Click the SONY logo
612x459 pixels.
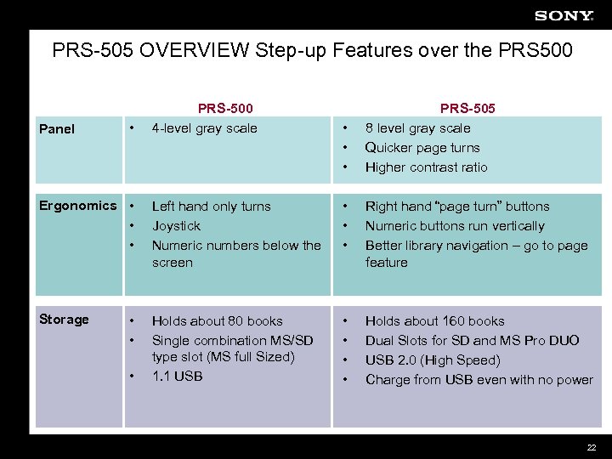pos(564,15)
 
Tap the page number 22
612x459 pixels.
pos(592,448)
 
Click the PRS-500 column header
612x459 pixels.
pos(225,108)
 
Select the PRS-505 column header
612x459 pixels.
pos(467,108)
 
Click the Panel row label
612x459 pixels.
pos(57,129)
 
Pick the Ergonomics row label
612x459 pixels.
pos(77,206)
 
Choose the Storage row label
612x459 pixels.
pos(64,320)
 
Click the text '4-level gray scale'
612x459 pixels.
pos(204,128)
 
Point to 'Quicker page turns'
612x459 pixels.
pos(422,148)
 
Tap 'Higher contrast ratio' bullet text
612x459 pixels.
pos(426,167)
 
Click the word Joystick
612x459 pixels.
pos(176,226)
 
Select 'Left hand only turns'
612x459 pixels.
pos(211,207)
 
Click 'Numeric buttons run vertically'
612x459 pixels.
pos(455,226)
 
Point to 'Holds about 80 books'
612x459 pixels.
pos(217,321)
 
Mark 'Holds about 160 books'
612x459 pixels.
pos(434,321)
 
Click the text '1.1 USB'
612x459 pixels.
pos(177,376)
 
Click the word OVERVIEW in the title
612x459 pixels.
pos(191,51)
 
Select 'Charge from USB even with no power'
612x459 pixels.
pos(479,380)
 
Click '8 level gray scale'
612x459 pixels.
pos(417,128)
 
